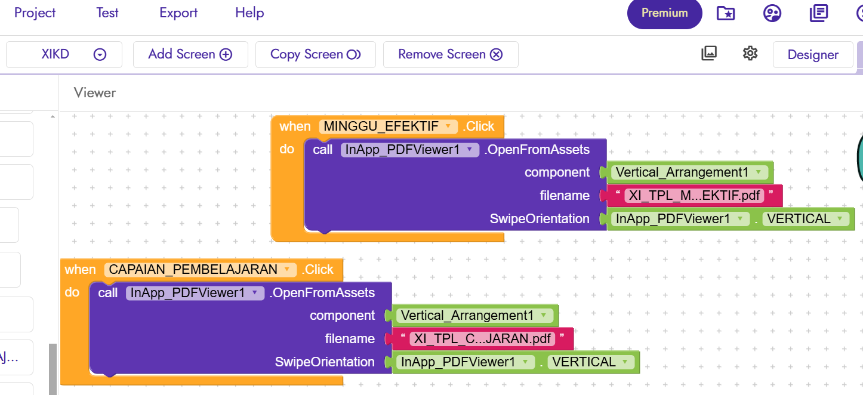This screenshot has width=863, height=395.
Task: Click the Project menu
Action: tap(35, 13)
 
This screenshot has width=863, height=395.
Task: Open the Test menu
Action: tap(107, 13)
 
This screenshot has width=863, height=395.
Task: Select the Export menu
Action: tap(178, 13)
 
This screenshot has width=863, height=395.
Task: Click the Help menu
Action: tap(249, 13)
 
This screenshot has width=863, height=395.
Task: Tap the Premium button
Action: tap(665, 14)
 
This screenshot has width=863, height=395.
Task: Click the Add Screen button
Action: tap(190, 54)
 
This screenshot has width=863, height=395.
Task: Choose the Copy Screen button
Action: tap(316, 54)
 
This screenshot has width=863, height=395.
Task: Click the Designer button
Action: tap(813, 55)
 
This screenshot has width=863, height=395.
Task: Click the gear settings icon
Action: tap(750, 54)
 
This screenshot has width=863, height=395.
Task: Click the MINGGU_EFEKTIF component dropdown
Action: tap(389, 126)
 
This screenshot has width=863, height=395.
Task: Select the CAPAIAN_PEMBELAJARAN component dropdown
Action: tap(201, 270)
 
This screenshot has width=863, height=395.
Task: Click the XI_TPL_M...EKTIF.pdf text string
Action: tap(694, 196)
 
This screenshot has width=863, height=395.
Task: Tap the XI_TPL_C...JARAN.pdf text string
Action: tap(482, 339)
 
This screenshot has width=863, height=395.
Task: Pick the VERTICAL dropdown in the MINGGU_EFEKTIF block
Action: tap(806, 218)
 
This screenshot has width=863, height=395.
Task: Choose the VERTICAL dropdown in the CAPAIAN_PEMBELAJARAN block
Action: tap(591, 362)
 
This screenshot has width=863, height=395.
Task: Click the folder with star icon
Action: tap(726, 14)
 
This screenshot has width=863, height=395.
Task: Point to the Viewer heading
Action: tap(95, 92)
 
